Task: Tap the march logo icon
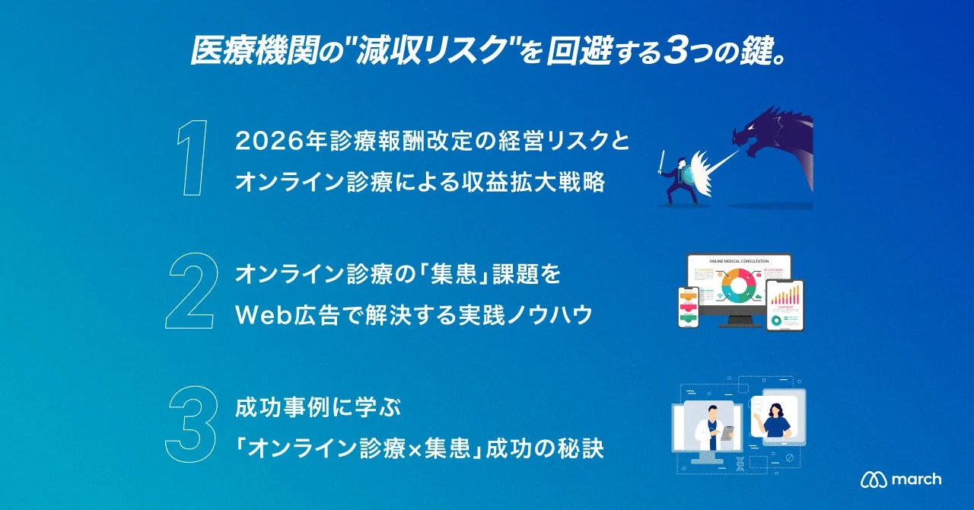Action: point(872,480)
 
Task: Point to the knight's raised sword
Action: point(662,162)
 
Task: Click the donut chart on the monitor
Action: point(737,291)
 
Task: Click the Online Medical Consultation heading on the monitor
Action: point(739,260)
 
